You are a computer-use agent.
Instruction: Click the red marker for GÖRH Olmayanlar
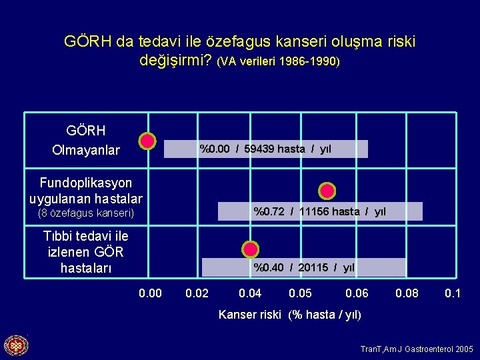pos(147,141)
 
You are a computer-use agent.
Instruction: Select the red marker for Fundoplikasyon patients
pos(327,191)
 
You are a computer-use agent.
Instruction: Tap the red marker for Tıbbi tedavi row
pos(250,249)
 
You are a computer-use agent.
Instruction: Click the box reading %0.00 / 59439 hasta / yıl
pos(266,149)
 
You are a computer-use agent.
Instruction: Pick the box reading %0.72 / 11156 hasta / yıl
pos(319,212)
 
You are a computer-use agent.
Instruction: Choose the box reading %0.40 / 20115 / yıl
pos(303,268)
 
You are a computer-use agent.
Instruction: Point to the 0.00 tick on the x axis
pos(150,293)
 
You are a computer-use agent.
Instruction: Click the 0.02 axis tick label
pos(197,293)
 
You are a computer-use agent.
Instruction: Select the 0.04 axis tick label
pos(250,293)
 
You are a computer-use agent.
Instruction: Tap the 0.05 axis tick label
pos(300,293)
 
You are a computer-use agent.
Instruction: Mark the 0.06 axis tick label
pos(357,293)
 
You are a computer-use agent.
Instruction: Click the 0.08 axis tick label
pos(407,293)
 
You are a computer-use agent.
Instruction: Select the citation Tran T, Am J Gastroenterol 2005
pos(417,349)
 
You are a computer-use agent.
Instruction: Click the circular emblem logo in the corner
pos(16,345)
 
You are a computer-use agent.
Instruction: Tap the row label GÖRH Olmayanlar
pos(86,141)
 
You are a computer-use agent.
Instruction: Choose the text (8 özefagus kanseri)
pos(87,213)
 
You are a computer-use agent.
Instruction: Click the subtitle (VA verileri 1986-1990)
pos(279,61)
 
